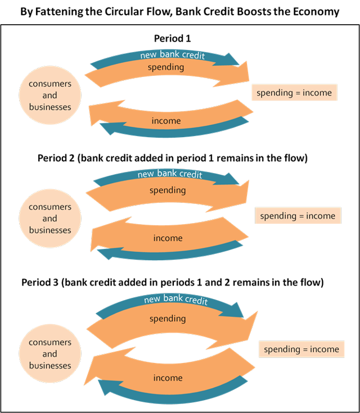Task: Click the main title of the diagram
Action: [180, 11]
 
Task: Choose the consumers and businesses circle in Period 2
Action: [49, 219]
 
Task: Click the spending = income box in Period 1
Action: [294, 93]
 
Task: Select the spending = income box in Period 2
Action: [298, 216]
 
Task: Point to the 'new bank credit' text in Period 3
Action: [175, 299]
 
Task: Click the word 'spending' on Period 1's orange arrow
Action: [165, 67]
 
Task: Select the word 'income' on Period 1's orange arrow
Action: [166, 121]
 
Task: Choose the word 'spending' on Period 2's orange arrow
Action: [167, 190]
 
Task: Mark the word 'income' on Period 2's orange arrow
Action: [168, 238]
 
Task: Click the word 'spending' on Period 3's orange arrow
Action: [167, 319]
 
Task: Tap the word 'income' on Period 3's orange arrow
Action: [168, 378]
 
